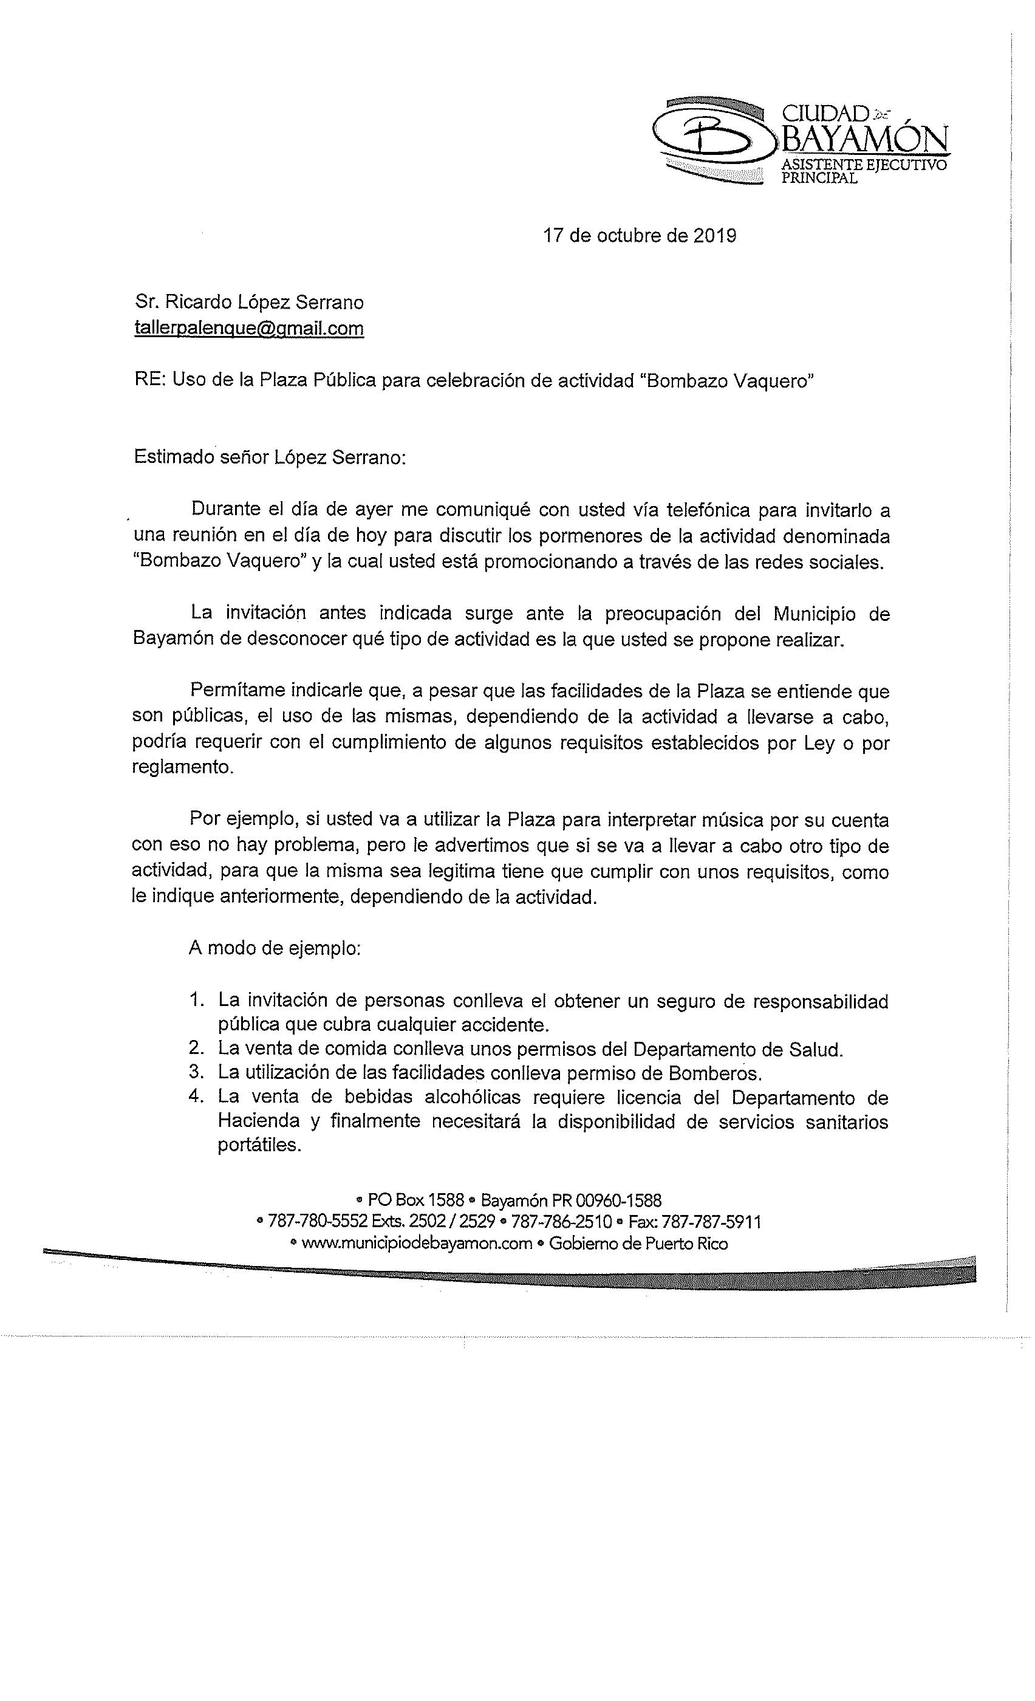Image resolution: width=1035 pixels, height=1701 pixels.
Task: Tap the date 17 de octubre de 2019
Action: (x=639, y=236)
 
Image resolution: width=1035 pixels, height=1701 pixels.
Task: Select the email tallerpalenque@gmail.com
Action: (x=249, y=328)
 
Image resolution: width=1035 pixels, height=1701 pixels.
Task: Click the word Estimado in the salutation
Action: (x=174, y=457)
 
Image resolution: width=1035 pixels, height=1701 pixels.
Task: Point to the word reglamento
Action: (x=182, y=767)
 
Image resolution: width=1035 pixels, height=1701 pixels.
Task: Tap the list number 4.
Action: (x=196, y=1097)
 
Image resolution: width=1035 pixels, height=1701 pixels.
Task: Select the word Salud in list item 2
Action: (x=816, y=1049)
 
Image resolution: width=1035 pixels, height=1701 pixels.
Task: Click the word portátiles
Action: (x=259, y=1145)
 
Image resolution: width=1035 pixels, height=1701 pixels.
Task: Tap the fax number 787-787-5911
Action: (x=711, y=1220)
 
